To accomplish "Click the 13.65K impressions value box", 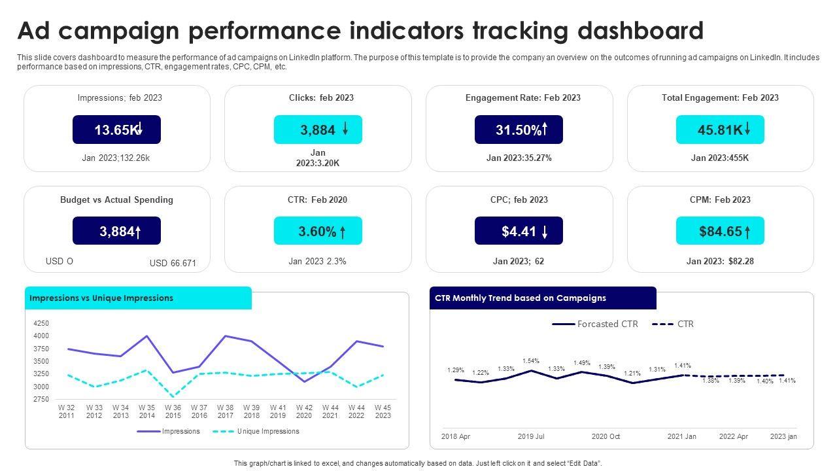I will pyautogui.click(x=116, y=130).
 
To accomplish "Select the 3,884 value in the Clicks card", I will pyautogui.click(x=318, y=130).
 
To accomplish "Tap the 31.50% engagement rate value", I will pyautogui.click(x=519, y=130).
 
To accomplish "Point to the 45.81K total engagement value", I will pyautogui.click(x=720, y=130).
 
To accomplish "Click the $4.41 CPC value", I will pyautogui.click(x=519, y=231).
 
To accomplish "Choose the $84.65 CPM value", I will pyautogui.click(x=720, y=231).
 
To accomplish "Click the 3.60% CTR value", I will pyautogui.click(x=318, y=231).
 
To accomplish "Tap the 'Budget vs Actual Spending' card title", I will pyautogui.click(x=116, y=200).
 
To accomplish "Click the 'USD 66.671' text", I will pyautogui.click(x=173, y=263).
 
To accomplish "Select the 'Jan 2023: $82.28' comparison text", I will pyautogui.click(x=720, y=261).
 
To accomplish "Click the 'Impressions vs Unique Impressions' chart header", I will pyautogui.click(x=101, y=298).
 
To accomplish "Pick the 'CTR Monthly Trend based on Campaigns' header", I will pyautogui.click(x=521, y=298).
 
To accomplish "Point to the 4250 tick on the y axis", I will pyautogui.click(x=41, y=323).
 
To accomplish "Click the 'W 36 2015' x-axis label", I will pyautogui.click(x=173, y=411).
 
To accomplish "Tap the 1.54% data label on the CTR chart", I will pyautogui.click(x=531, y=361).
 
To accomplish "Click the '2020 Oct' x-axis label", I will pyautogui.click(x=606, y=436).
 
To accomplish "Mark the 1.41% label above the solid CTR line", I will pyautogui.click(x=683, y=366).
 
